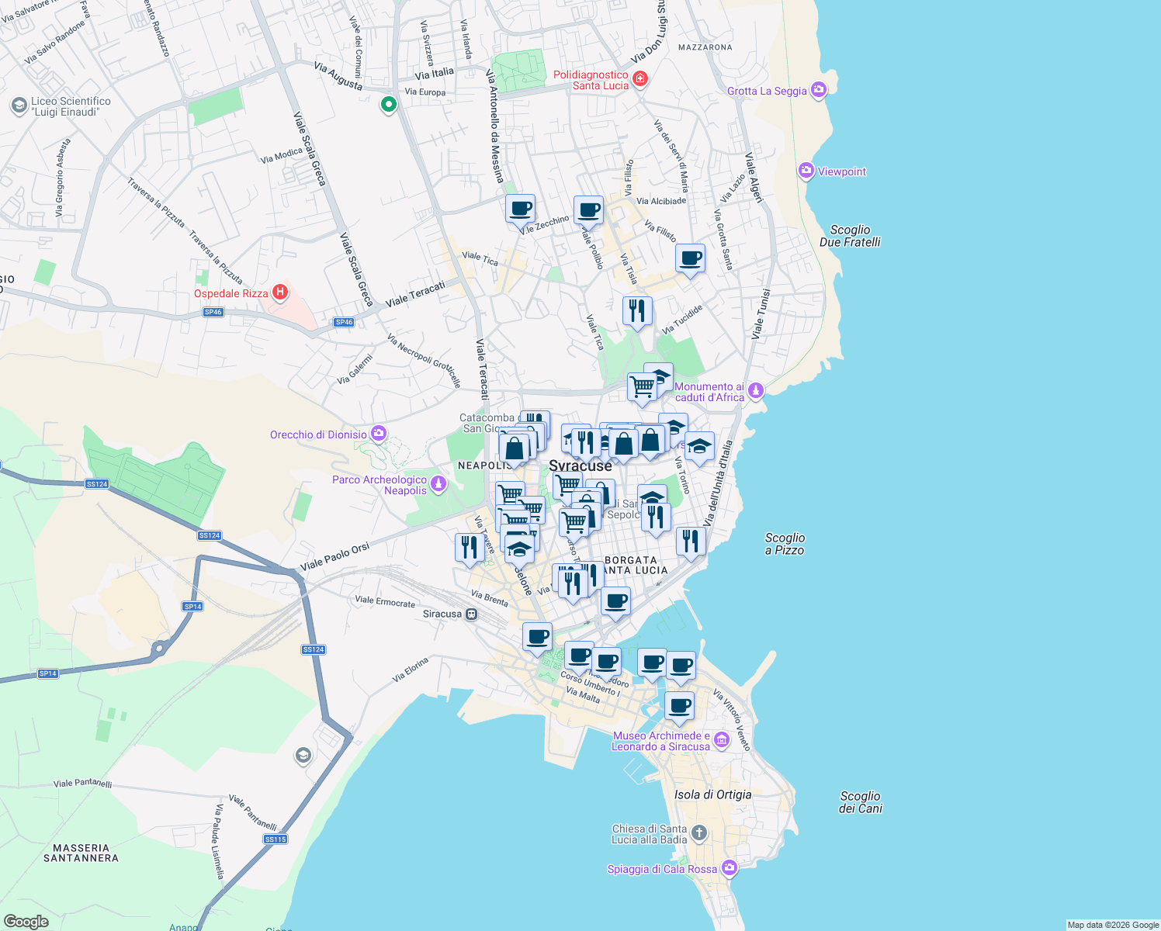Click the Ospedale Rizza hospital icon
click(x=281, y=292)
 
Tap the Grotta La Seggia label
click(x=767, y=91)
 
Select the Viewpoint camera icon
click(x=806, y=171)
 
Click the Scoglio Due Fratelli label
click(x=850, y=236)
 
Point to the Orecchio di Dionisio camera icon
click(x=379, y=433)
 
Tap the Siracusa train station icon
click(x=471, y=614)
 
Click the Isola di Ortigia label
click(x=712, y=794)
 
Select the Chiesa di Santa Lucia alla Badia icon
click(x=699, y=833)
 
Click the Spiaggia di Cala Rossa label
click(x=662, y=869)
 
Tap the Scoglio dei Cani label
click(x=860, y=802)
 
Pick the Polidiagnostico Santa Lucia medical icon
click(x=640, y=78)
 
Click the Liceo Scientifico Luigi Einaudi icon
click(x=19, y=106)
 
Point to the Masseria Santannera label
click(x=81, y=853)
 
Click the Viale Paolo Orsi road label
click(x=334, y=556)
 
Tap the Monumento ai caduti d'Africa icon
click(x=756, y=391)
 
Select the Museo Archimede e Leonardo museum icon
click(x=722, y=740)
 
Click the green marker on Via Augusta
click(x=388, y=104)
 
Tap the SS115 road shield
click(x=276, y=839)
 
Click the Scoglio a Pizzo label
click(x=785, y=544)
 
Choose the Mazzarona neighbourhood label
click(x=705, y=47)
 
